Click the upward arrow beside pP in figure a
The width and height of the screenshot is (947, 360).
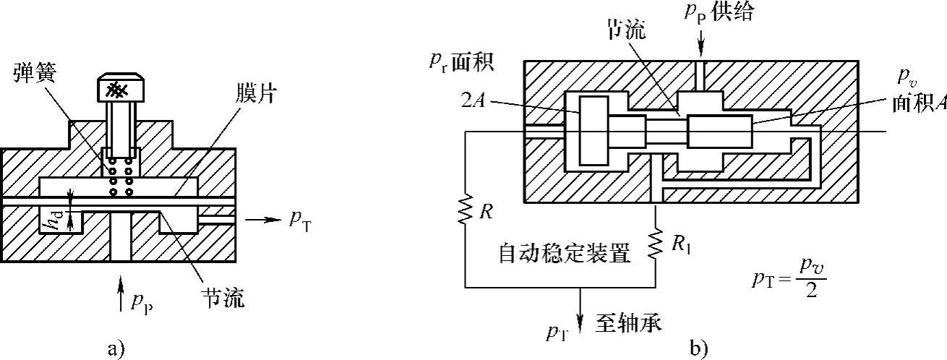[x=121, y=297]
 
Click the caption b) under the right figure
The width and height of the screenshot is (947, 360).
[x=698, y=348]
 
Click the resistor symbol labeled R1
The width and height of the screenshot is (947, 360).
[x=656, y=243]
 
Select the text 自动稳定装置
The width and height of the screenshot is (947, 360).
[x=565, y=253]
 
